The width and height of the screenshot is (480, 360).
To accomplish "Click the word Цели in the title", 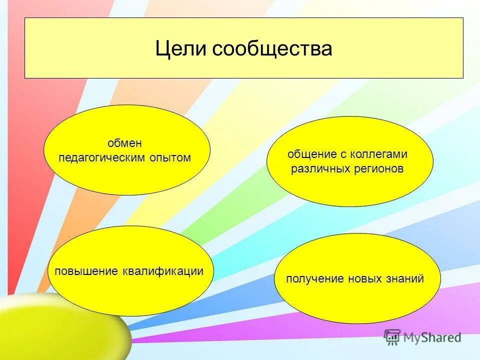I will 180,49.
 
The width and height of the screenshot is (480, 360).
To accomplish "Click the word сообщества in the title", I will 272,49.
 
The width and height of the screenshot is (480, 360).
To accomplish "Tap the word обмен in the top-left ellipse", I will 125,143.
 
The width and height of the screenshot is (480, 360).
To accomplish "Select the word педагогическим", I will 102,158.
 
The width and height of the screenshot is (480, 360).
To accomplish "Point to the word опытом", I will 170,158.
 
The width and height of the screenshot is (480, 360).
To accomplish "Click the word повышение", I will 86,271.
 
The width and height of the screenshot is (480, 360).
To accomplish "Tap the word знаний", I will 407,279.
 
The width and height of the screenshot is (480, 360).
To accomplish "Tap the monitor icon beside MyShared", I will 392,337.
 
